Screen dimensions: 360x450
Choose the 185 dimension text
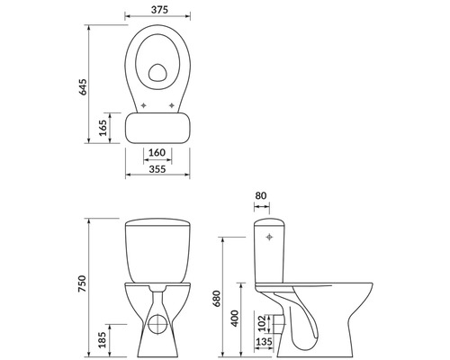tap(103, 339)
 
